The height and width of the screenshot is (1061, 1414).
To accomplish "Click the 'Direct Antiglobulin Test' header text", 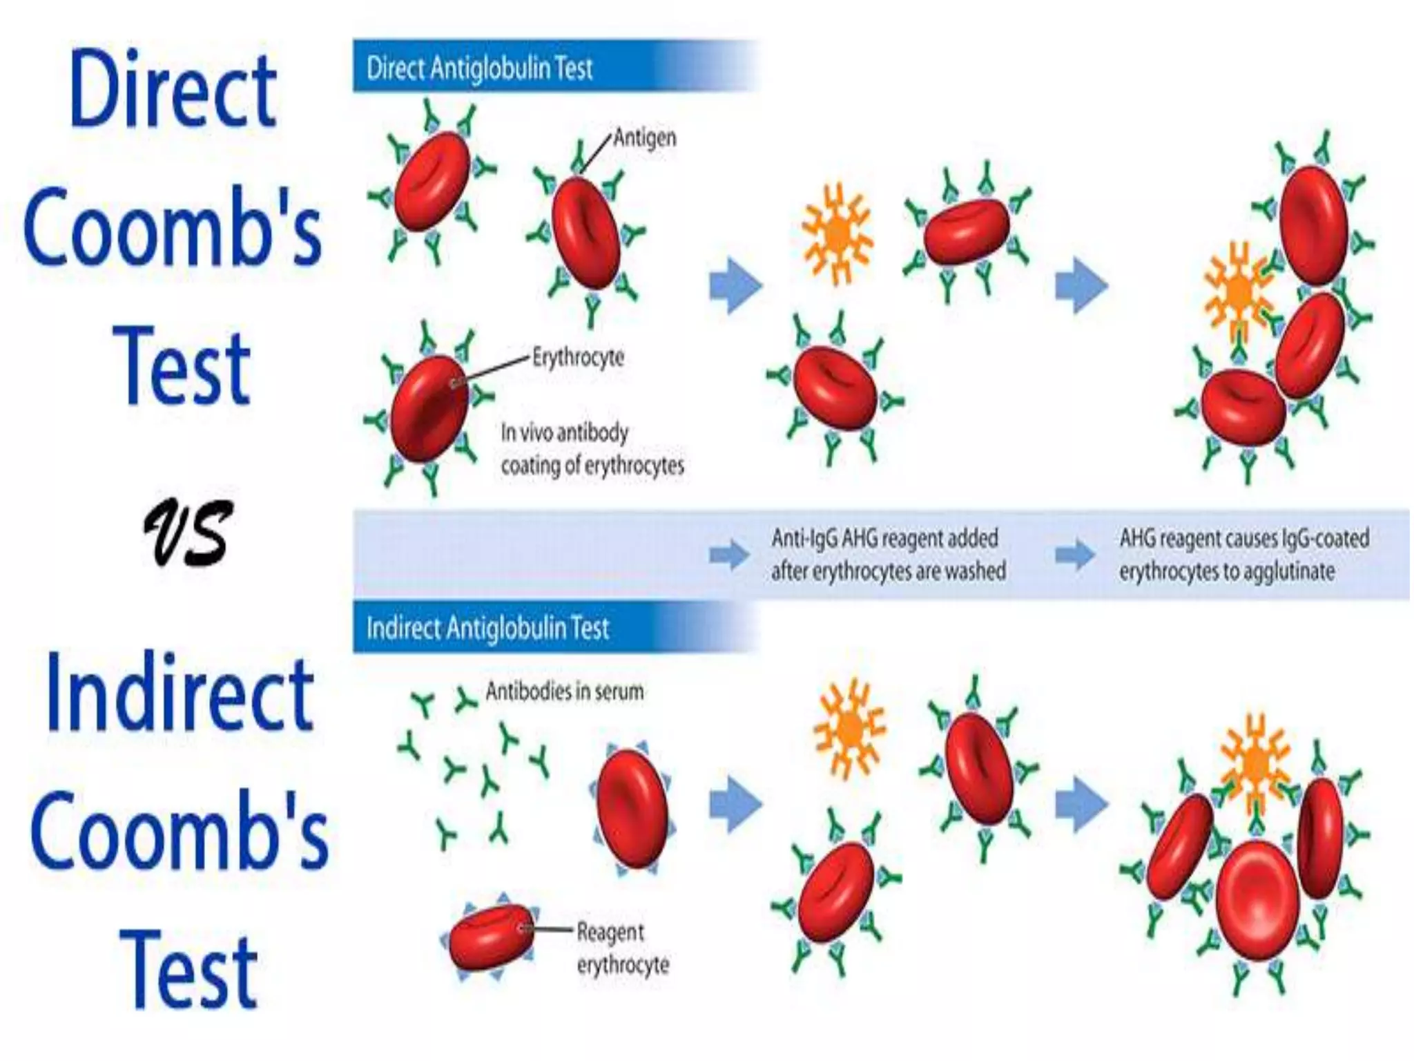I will (x=479, y=68).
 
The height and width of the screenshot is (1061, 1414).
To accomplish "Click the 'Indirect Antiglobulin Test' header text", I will (x=487, y=628).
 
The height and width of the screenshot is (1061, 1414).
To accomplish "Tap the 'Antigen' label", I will (x=644, y=137).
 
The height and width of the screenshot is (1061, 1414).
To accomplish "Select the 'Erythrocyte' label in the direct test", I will (x=578, y=357).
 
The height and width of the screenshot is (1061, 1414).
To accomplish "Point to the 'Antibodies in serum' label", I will (x=564, y=691).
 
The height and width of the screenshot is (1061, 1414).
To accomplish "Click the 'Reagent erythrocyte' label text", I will (x=622, y=948).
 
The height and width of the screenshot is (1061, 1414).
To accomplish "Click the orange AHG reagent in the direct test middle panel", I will (x=837, y=233).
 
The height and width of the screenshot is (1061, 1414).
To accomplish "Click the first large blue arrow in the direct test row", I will (x=735, y=285).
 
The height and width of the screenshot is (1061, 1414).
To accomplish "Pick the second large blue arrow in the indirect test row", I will (x=1081, y=803).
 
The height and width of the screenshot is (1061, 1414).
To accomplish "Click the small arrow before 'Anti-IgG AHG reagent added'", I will (x=729, y=554).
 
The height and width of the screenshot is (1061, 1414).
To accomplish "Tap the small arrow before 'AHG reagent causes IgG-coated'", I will (x=1074, y=554).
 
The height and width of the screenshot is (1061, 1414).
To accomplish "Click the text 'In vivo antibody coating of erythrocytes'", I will (x=592, y=449).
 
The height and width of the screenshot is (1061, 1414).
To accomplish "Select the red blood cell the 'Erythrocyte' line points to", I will (x=429, y=408).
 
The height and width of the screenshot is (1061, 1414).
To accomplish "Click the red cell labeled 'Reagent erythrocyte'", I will (x=491, y=937).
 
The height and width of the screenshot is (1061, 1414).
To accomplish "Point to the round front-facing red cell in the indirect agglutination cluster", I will (x=1257, y=900).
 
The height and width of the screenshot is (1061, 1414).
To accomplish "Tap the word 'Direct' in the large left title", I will (x=173, y=90).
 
